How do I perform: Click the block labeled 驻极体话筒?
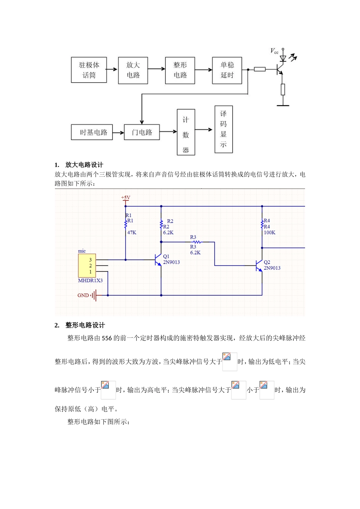(89, 70)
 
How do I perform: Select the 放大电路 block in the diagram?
(133, 70)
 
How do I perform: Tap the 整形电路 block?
(180, 70)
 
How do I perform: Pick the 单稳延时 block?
(227, 70)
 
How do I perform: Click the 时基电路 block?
(92, 133)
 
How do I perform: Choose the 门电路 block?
(142, 133)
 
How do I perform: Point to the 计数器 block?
(186, 132)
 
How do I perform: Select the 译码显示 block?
(224, 129)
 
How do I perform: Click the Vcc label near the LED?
(274, 51)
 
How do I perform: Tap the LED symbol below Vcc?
(283, 58)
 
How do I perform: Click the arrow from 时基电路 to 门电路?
(118, 133)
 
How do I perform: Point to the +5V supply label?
(125, 198)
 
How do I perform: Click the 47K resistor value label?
(131, 233)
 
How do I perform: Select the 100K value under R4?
(269, 233)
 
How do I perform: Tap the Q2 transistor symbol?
(259, 265)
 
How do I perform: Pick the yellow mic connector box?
(87, 265)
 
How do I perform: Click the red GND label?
(83, 295)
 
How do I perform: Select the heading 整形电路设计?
(85, 325)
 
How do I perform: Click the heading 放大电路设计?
(84, 165)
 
